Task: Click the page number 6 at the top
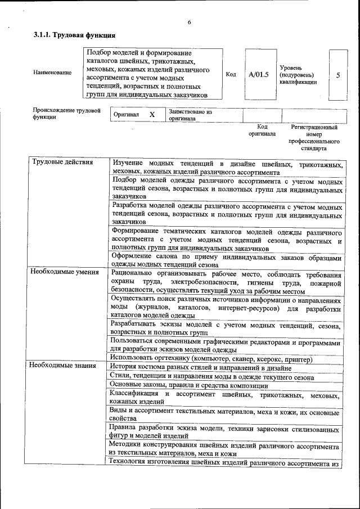189,22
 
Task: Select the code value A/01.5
259,74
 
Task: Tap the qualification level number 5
338,74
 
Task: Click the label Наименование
52,73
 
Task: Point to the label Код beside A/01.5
231,74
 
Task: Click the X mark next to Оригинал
152,114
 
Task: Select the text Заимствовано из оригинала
190,115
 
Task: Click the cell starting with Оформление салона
226,260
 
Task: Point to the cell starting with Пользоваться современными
226,345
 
